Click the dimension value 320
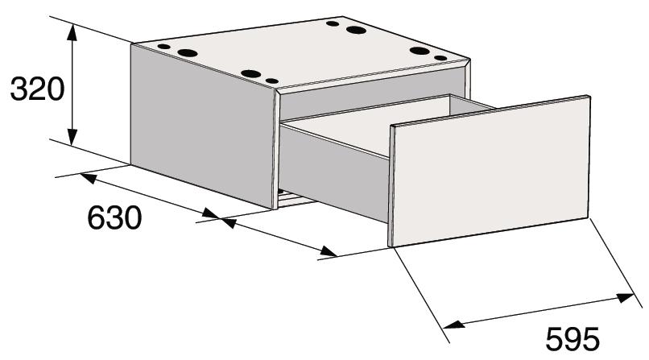tap(37, 89)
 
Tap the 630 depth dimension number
tap(114, 217)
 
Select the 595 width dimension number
tap(572, 339)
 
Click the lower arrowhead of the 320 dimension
tap(72, 137)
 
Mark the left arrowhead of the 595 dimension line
tap(453, 324)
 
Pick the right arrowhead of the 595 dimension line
tap(624, 297)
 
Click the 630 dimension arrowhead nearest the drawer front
tap(329, 251)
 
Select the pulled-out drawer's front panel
tap(490, 172)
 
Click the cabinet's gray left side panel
tap(202, 126)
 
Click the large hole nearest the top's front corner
tap(251, 74)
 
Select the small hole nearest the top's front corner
tap(272, 81)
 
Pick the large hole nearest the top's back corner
tap(356, 30)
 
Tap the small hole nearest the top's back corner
tap(333, 23)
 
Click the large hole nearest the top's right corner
tap(420, 51)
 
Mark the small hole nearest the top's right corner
tap(440, 58)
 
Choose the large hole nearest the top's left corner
tap(188, 52)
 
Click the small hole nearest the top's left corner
tap(164, 47)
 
